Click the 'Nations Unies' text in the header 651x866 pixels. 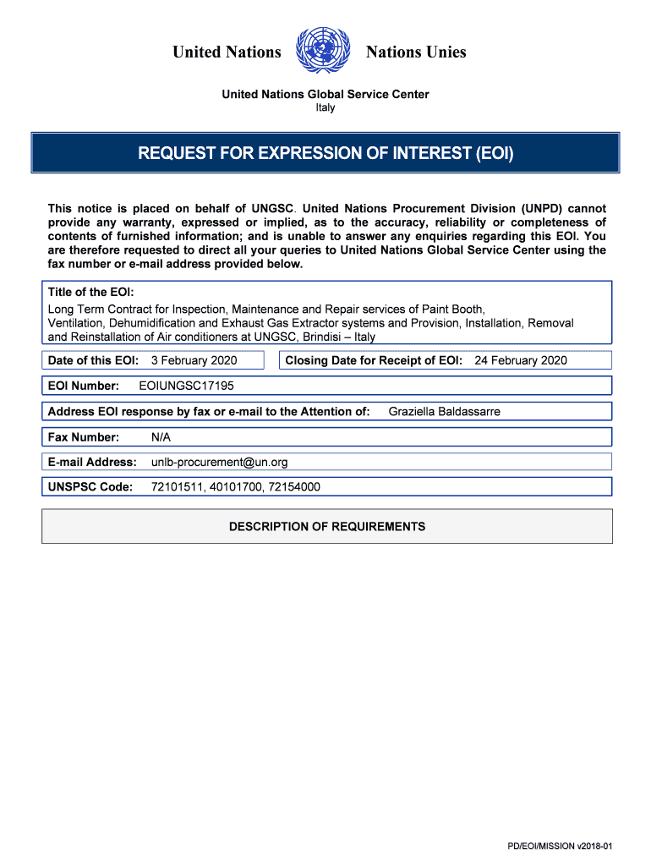point(416,52)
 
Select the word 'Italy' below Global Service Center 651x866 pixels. point(325,107)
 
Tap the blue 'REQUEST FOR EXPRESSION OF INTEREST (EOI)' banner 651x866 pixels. point(325,153)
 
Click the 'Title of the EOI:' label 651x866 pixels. point(91,292)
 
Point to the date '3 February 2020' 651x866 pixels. point(194,360)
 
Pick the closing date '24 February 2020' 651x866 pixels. point(521,360)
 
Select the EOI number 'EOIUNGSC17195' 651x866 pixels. point(186,386)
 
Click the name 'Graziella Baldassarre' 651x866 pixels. point(444,412)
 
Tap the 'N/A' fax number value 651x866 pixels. point(161,437)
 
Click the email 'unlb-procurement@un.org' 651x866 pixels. point(220,462)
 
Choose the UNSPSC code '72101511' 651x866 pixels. point(175,487)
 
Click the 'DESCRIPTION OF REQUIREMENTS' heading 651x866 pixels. point(327,527)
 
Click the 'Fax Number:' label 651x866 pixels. point(84,437)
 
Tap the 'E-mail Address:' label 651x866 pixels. point(92,462)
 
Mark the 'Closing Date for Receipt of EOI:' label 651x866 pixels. point(374,360)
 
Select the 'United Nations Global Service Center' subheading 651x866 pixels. point(325,94)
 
